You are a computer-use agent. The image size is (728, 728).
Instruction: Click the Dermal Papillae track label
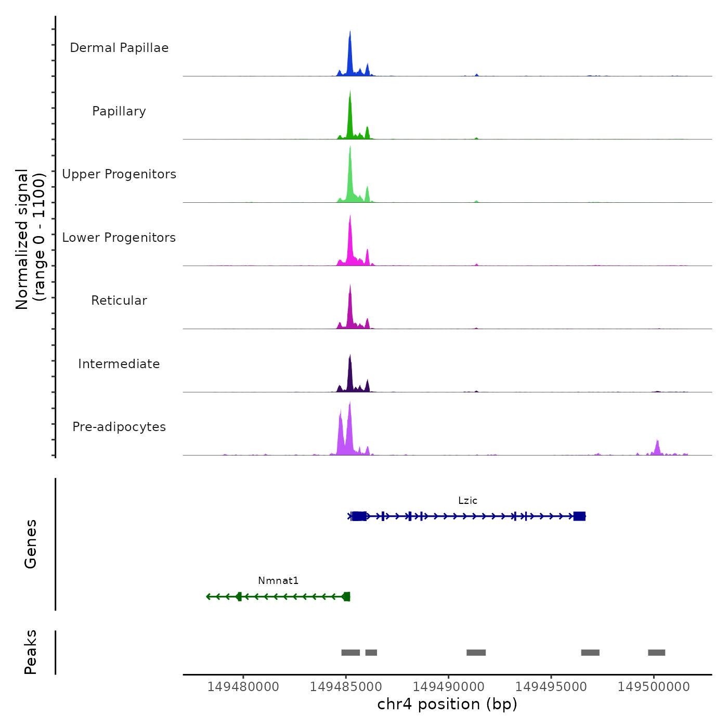[x=119, y=48]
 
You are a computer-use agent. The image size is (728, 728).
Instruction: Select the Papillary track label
[x=119, y=111]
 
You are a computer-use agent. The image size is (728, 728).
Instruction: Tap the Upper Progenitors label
[x=119, y=174]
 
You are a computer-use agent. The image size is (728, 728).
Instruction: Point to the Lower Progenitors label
[x=119, y=238]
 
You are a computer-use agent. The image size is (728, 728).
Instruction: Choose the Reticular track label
[x=119, y=301]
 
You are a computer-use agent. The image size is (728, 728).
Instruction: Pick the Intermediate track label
[x=119, y=364]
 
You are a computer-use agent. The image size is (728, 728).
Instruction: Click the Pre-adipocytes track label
[x=119, y=427]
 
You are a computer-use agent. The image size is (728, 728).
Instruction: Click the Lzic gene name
[x=467, y=501]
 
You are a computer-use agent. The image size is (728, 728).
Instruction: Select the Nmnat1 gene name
[x=278, y=581]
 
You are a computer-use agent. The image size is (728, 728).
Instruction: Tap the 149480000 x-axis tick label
[x=243, y=687]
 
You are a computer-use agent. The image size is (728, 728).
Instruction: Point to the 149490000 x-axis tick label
[x=449, y=687]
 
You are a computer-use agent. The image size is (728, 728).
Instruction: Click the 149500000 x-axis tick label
[x=654, y=687]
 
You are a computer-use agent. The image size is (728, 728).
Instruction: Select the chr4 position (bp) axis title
[x=447, y=704]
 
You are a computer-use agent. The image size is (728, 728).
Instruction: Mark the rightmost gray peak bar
[x=656, y=653]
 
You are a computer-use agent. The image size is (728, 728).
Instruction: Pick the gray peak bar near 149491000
[x=476, y=653]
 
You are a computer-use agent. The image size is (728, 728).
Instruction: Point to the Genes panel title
[x=31, y=544]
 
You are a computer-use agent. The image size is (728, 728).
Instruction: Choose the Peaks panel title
[x=31, y=652]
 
